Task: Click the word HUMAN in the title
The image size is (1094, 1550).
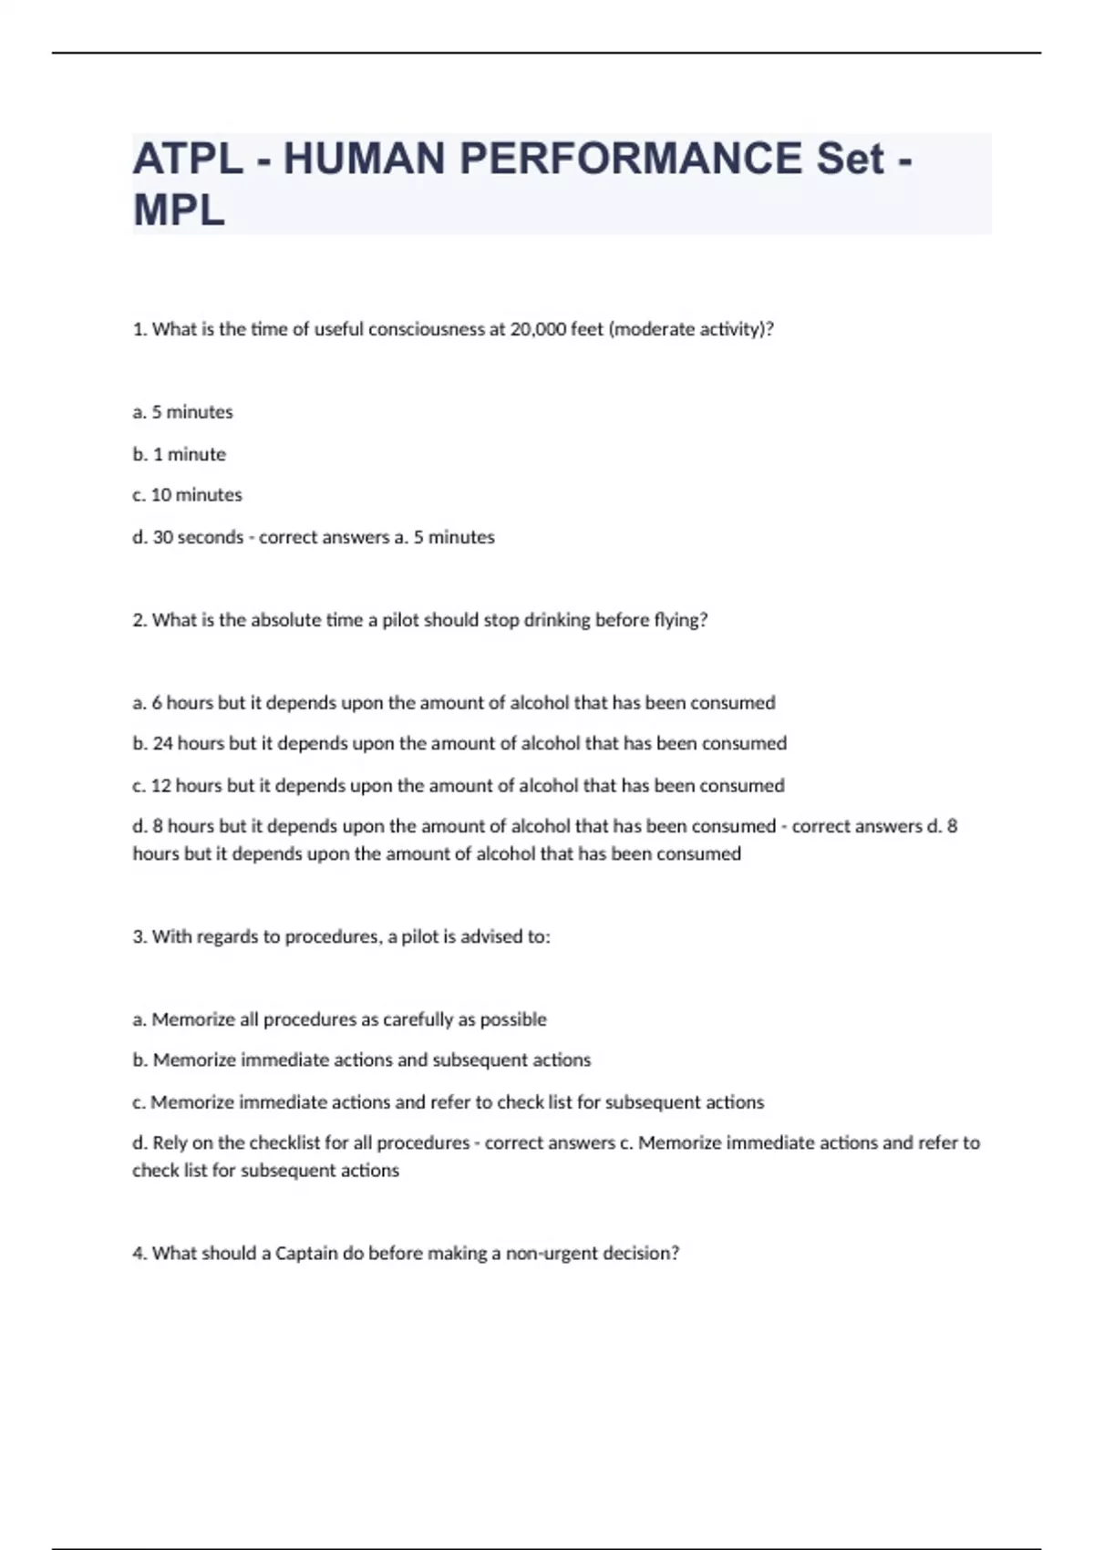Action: click(x=364, y=159)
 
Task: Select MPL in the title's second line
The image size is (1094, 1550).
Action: click(x=179, y=211)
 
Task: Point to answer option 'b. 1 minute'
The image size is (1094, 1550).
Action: click(x=180, y=454)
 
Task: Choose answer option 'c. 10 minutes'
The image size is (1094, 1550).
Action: click(x=187, y=495)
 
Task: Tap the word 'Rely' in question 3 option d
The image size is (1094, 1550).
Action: click(x=170, y=1142)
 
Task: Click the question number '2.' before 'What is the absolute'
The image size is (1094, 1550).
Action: click(x=139, y=620)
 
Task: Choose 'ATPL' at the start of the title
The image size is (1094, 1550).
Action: click(x=188, y=159)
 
